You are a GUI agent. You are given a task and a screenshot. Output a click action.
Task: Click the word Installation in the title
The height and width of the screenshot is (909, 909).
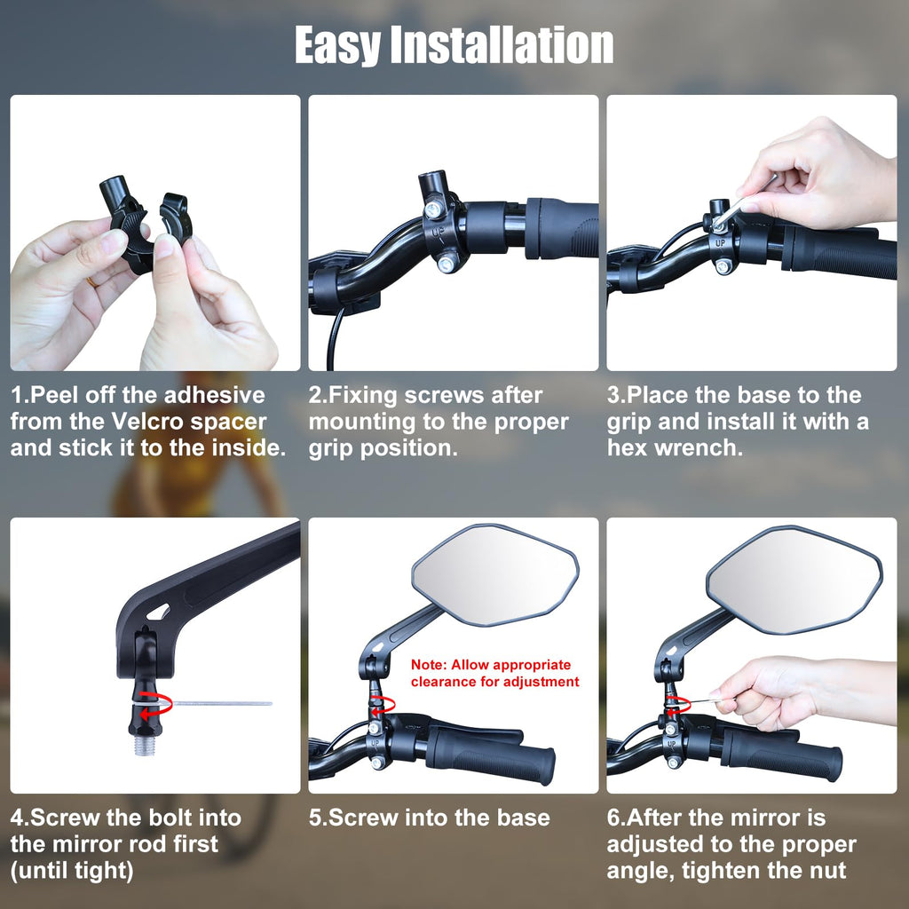[x=502, y=44]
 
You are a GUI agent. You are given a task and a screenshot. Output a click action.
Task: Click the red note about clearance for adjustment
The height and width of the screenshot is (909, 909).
[x=494, y=673]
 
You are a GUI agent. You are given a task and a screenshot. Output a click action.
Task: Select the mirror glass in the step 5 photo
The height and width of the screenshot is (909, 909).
[x=494, y=575]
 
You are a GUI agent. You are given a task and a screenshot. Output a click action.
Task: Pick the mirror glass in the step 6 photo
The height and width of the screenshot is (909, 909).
[x=794, y=579]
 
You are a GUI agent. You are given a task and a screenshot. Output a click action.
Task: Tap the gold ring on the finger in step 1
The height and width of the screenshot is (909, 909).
[x=91, y=281]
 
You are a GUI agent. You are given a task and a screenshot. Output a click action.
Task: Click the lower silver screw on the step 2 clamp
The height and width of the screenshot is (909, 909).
[x=446, y=265]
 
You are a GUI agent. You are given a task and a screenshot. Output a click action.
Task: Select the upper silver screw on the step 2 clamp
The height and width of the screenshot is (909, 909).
[x=431, y=209]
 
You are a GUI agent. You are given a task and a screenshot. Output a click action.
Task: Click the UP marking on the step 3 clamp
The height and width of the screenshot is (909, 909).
[x=719, y=243]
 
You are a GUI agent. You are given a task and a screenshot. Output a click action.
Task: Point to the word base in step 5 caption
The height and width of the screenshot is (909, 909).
[x=524, y=818]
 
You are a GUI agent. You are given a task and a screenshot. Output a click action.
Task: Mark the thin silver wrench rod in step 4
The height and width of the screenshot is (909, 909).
[x=223, y=703]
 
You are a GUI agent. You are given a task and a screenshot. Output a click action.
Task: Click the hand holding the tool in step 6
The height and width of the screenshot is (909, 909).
[x=800, y=692]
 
